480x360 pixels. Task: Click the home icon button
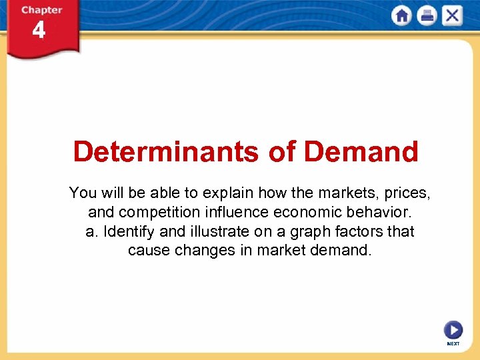tap(402, 15)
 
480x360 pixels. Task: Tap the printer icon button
tap(427, 15)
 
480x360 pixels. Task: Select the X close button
tap(452, 15)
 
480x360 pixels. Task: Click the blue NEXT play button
tap(453, 330)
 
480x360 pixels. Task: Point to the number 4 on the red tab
tap(39, 31)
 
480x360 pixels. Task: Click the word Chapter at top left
tap(41, 10)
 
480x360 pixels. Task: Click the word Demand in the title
tap(361, 152)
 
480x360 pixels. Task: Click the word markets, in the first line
tap(346, 193)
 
